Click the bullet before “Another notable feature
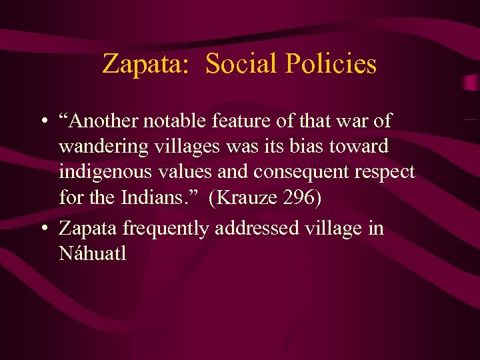pos(42,122)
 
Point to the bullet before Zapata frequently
pos(42,229)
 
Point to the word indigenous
pos(106,172)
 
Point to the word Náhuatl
pos(92,253)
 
